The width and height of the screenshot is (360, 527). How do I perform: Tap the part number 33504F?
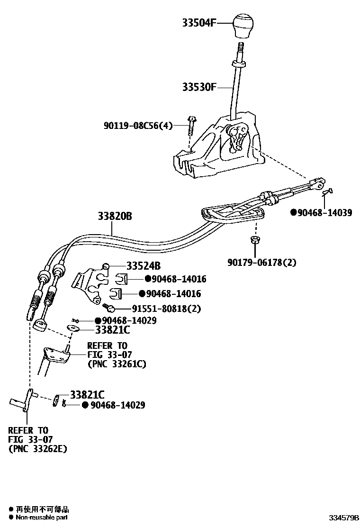click(199, 22)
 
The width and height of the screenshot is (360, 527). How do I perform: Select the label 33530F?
click(199, 87)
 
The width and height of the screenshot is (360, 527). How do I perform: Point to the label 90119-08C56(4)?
click(138, 126)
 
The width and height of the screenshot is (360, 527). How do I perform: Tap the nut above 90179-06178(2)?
click(254, 239)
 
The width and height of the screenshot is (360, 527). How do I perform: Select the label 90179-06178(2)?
click(261, 262)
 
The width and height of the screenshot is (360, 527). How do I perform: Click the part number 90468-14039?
click(325, 213)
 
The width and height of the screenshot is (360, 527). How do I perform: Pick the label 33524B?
click(144, 266)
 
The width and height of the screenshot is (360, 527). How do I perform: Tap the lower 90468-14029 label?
click(117, 405)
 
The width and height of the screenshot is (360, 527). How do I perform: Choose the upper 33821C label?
click(112, 330)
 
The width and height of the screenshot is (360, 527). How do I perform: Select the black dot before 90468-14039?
click(294, 213)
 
